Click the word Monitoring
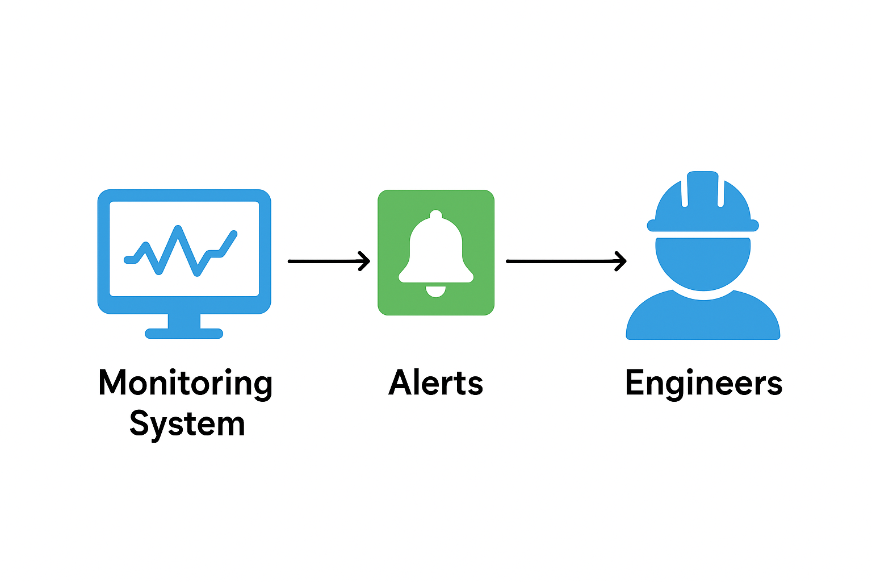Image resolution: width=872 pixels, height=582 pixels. tap(185, 384)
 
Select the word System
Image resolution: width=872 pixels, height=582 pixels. tap(187, 424)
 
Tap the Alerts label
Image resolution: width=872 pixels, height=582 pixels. tap(435, 383)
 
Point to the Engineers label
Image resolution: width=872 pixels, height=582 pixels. tap(703, 383)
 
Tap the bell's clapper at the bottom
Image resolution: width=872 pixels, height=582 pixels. tap(435, 291)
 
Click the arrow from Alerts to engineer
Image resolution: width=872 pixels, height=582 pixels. tap(562, 261)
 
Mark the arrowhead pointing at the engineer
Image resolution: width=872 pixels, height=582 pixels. tap(622, 261)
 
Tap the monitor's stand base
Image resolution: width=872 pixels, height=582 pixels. tap(184, 334)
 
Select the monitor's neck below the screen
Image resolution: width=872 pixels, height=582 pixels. tap(184, 321)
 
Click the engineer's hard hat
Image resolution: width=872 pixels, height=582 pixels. tap(703, 202)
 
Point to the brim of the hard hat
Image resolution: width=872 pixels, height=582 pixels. tap(703, 226)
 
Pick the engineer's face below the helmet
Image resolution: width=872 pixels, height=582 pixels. tap(703, 261)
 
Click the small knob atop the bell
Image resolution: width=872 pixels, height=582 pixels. tap(435, 215)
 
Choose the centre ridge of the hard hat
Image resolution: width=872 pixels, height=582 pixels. tap(703, 188)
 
